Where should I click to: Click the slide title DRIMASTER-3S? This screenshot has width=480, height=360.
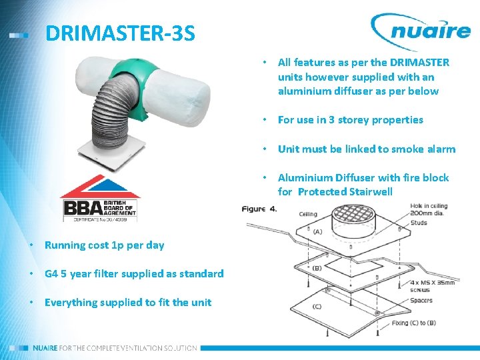pos(120,33)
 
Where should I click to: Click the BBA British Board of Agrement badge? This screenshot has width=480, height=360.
pos(100,198)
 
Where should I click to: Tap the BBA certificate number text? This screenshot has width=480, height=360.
pos(100,218)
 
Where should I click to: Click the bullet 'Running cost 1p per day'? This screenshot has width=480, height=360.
pos(104,245)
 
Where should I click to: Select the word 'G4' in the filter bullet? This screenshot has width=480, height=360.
pos(52,273)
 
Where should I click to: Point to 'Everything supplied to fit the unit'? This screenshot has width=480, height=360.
pos(127,302)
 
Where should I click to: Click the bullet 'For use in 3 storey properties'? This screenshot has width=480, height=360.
pos(350,120)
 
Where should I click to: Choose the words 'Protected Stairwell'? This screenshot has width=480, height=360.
pos(345,192)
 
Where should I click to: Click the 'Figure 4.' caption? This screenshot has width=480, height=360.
pos(259,209)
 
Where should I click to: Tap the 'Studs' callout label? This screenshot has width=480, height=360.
pos(419,223)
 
